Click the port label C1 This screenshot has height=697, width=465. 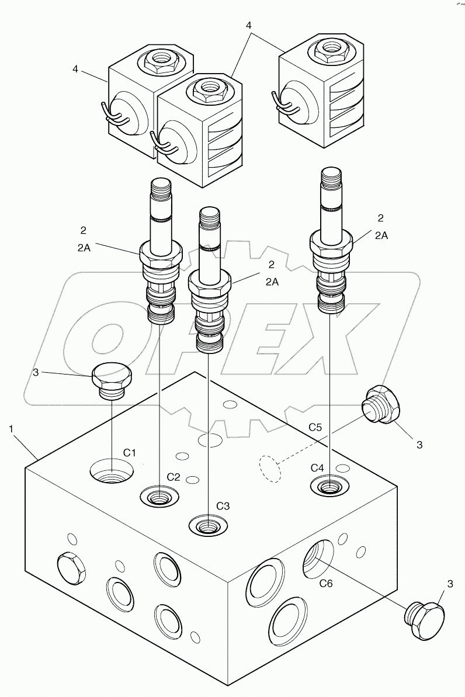(x=129, y=452)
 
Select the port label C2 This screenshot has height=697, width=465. (x=173, y=477)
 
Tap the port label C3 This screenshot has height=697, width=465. (x=223, y=506)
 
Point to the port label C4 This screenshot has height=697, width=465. (x=317, y=467)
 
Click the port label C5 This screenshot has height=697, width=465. (x=315, y=427)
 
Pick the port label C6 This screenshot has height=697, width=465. (x=327, y=582)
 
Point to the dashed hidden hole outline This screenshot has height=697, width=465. (x=270, y=468)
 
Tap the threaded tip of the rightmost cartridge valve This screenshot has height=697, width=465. (x=331, y=177)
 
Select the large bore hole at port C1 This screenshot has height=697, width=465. (x=111, y=470)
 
